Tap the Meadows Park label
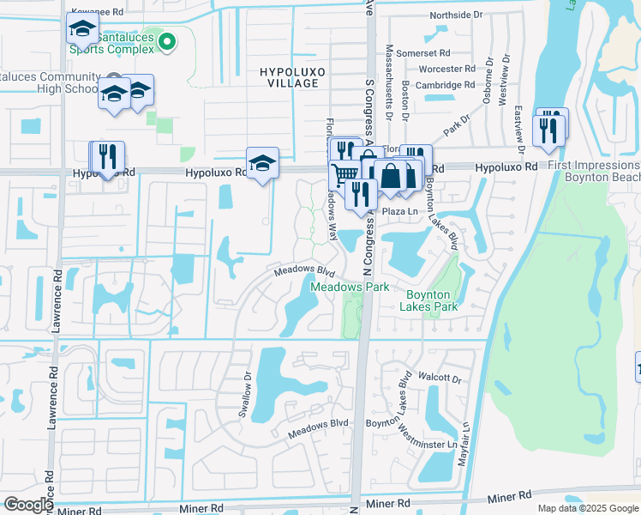click(x=350, y=287)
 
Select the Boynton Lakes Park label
click(x=432, y=300)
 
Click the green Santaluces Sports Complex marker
click(x=169, y=39)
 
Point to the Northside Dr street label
click(x=462, y=15)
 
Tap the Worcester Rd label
click(x=446, y=69)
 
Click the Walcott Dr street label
click(x=440, y=377)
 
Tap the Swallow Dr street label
click(x=245, y=395)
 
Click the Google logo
click(x=28, y=504)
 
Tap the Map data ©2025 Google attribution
click(x=588, y=508)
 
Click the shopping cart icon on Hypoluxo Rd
click(x=344, y=173)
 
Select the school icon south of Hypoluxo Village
click(x=262, y=162)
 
